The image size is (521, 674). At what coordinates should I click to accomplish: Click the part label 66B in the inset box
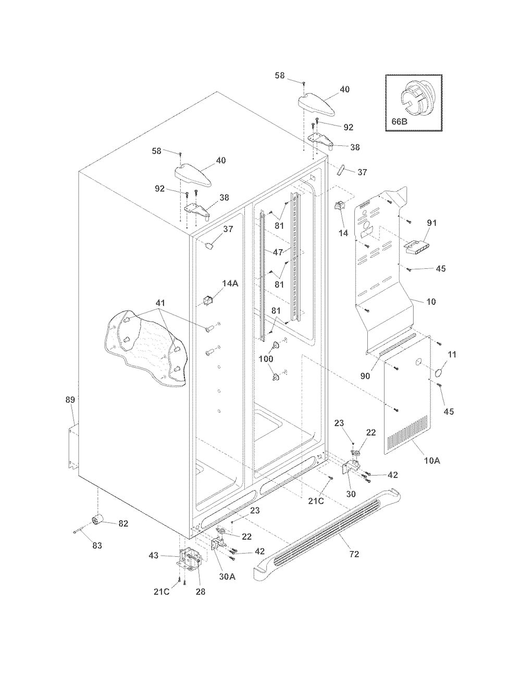[x=399, y=121]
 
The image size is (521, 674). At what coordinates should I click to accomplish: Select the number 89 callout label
[x=70, y=400]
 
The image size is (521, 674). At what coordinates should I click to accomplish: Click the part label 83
[x=97, y=545]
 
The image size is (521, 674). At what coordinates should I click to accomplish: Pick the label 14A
[x=230, y=283]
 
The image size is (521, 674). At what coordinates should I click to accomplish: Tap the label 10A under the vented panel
[x=432, y=460]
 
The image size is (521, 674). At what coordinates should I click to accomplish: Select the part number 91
[x=432, y=223]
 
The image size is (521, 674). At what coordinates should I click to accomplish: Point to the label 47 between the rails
[x=278, y=252]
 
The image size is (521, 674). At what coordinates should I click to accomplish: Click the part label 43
[x=154, y=555]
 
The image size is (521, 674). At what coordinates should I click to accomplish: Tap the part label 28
[x=201, y=592]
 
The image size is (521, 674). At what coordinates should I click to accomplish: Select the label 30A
[x=227, y=576]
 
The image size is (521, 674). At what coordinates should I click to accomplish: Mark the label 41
[x=160, y=303]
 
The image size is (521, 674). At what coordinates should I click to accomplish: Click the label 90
[x=365, y=376]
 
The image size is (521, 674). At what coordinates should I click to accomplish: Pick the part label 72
[x=354, y=554]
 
